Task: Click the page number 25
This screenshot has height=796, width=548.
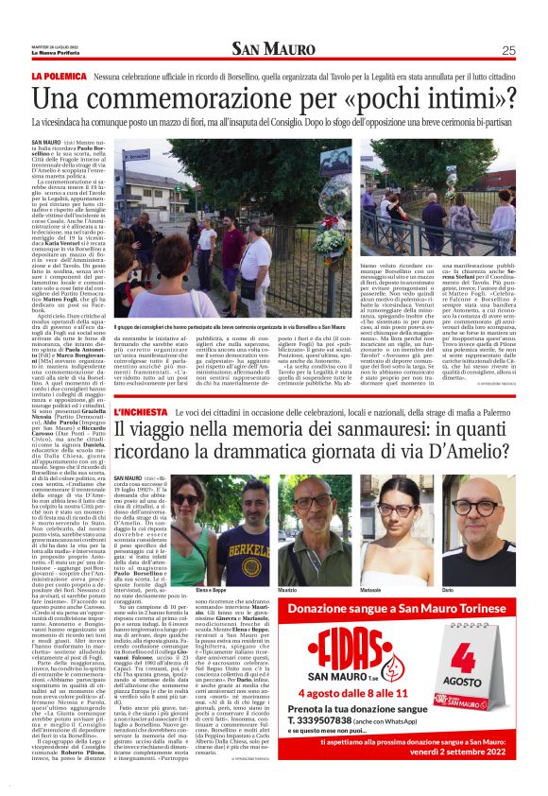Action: [508, 50]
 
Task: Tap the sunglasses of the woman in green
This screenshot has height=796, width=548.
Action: [186, 500]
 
